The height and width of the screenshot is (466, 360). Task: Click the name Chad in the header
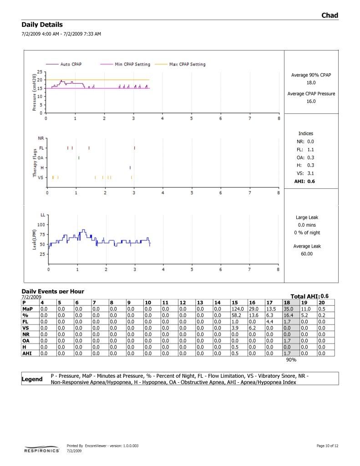[330, 15]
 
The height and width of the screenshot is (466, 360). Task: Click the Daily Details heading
[42, 25]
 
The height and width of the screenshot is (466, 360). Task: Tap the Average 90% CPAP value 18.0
[311, 83]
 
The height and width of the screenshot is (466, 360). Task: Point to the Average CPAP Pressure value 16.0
[311, 101]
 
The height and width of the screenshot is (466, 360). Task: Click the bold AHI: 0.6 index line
[304, 181]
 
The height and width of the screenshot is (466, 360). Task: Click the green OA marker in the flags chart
[79, 158]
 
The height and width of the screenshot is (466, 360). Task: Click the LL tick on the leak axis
[43, 214]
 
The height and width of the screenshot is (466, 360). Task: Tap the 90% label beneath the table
[291, 360]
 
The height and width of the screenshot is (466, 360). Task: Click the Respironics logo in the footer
[41, 450]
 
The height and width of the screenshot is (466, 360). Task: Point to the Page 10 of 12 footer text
[327, 446]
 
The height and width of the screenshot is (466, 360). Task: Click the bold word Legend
[32, 379]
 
